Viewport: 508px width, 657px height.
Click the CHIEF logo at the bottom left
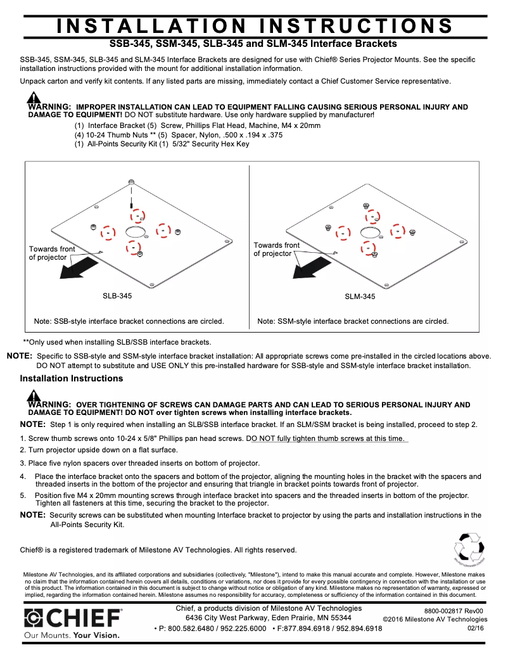tap(73, 617)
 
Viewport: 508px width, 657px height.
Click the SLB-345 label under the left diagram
tap(117, 296)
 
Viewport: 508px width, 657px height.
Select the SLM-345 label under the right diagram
tap(360, 297)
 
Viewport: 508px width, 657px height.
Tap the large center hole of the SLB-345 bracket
tap(135, 232)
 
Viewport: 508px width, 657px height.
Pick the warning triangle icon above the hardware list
tap(34, 98)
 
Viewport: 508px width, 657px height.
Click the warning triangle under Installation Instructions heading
tap(34, 396)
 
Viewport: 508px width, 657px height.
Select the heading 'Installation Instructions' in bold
tap(72, 379)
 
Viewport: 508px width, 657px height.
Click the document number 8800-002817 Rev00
tap(454, 611)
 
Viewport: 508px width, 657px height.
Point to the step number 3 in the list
tap(22, 463)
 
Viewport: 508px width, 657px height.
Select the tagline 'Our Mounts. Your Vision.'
tap(72, 634)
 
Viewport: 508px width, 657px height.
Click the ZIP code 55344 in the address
tap(339, 618)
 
